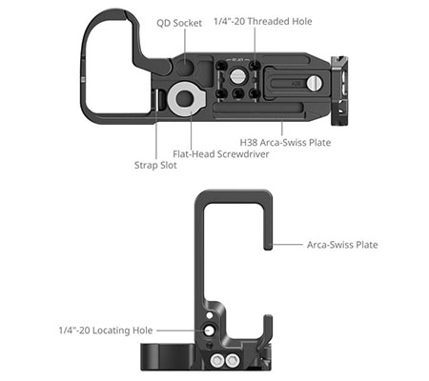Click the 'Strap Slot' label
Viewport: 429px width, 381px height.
point(155,164)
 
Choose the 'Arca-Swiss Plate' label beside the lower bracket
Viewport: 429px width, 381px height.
point(342,245)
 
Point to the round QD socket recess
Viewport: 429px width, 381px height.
point(184,67)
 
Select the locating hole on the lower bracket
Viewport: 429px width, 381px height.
point(209,330)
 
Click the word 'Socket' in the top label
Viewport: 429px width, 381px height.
point(192,23)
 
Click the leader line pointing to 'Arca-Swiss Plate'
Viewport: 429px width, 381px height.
point(286,245)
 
